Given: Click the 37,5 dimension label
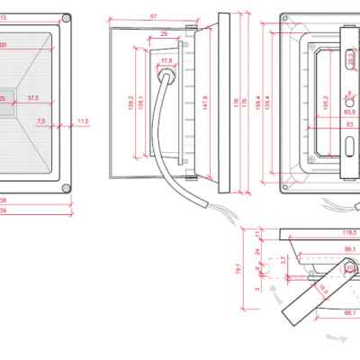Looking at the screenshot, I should tap(33, 97).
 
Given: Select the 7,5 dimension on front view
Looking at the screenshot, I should tap(40, 120).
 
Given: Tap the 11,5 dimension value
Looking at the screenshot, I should tap(83, 120).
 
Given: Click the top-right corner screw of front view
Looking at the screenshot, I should tap(68, 18).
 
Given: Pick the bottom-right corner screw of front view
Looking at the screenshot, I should tap(68, 187).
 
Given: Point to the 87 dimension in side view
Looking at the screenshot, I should tap(154, 16).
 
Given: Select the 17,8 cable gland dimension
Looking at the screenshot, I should tap(166, 61).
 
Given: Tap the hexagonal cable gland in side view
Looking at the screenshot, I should tap(166, 76).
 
